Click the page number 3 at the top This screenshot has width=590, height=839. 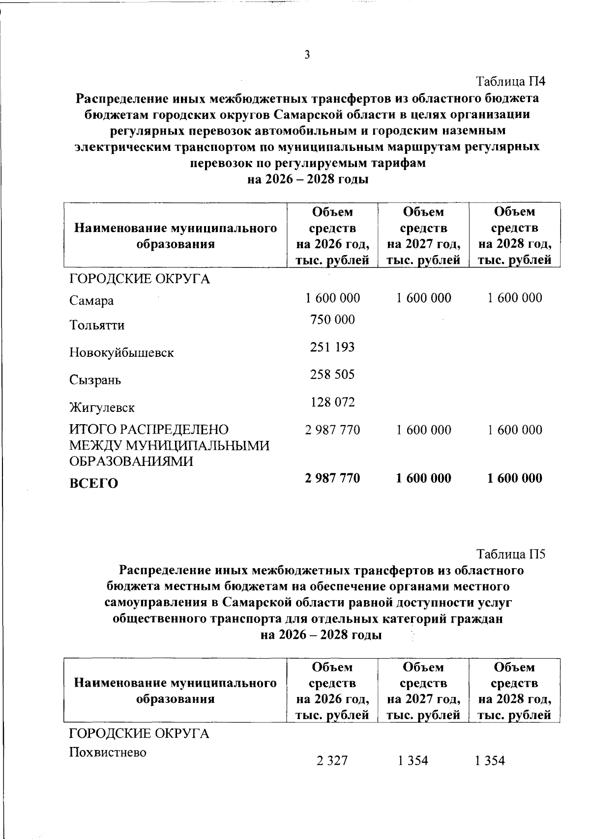307,55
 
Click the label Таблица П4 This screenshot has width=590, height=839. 511,81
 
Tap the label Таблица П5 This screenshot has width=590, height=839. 511,554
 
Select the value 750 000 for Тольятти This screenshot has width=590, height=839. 332,320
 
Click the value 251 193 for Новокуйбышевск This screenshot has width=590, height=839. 332,347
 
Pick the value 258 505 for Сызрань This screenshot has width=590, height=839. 332,375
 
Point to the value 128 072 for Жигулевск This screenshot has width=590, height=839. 332,403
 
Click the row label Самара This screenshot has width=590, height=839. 91,301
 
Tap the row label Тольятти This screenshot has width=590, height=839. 97,325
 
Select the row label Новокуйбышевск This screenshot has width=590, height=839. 121,353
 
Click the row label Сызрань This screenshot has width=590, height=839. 95,380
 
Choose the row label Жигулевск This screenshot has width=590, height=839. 102,408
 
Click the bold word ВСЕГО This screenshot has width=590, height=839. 93,484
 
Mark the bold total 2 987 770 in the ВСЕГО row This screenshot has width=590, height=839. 332,478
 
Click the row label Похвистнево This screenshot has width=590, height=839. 108,752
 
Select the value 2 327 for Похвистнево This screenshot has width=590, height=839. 332,761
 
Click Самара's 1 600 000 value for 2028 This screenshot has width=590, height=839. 515,298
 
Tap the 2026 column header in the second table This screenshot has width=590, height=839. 332,691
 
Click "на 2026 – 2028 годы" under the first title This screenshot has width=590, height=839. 308,179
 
